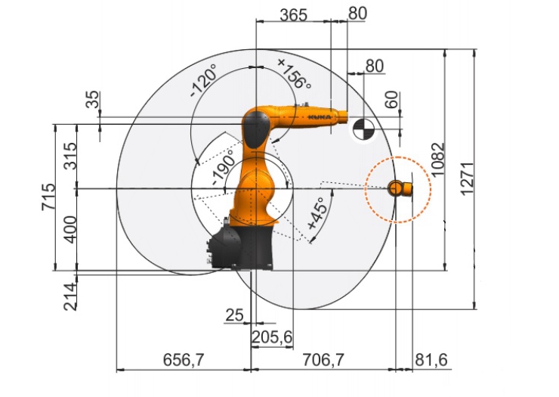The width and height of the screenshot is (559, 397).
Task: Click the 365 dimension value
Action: point(293,15)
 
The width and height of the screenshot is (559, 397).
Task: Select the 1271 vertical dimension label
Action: point(467,178)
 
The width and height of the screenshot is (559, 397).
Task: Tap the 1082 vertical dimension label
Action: point(438,160)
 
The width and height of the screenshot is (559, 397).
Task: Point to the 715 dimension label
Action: point(48,197)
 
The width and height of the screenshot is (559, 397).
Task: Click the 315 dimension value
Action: point(69,156)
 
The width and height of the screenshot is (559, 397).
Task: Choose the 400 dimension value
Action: point(69,230)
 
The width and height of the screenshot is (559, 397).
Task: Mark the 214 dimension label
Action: point(70,296)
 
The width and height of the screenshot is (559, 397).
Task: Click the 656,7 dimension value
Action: point(184,359)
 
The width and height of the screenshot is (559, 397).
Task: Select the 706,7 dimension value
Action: point(323,359)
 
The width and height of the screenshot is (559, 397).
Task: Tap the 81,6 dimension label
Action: point(431,359)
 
